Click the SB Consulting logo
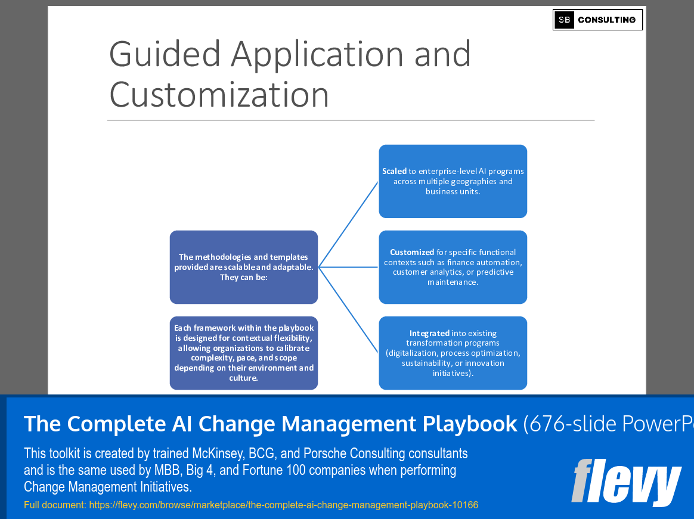coord(597,20)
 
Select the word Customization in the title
coord(219,94)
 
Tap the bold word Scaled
coord(394,171)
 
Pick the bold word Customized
coord(412,252)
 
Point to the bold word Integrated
coord(430,333)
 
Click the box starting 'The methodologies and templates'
coord(243,267)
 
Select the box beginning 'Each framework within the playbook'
coord(243,353)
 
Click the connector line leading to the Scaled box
coord(349,224)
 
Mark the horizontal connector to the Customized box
coord(349,267)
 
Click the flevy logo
coord(626,482)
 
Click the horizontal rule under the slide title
coord(351,120)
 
